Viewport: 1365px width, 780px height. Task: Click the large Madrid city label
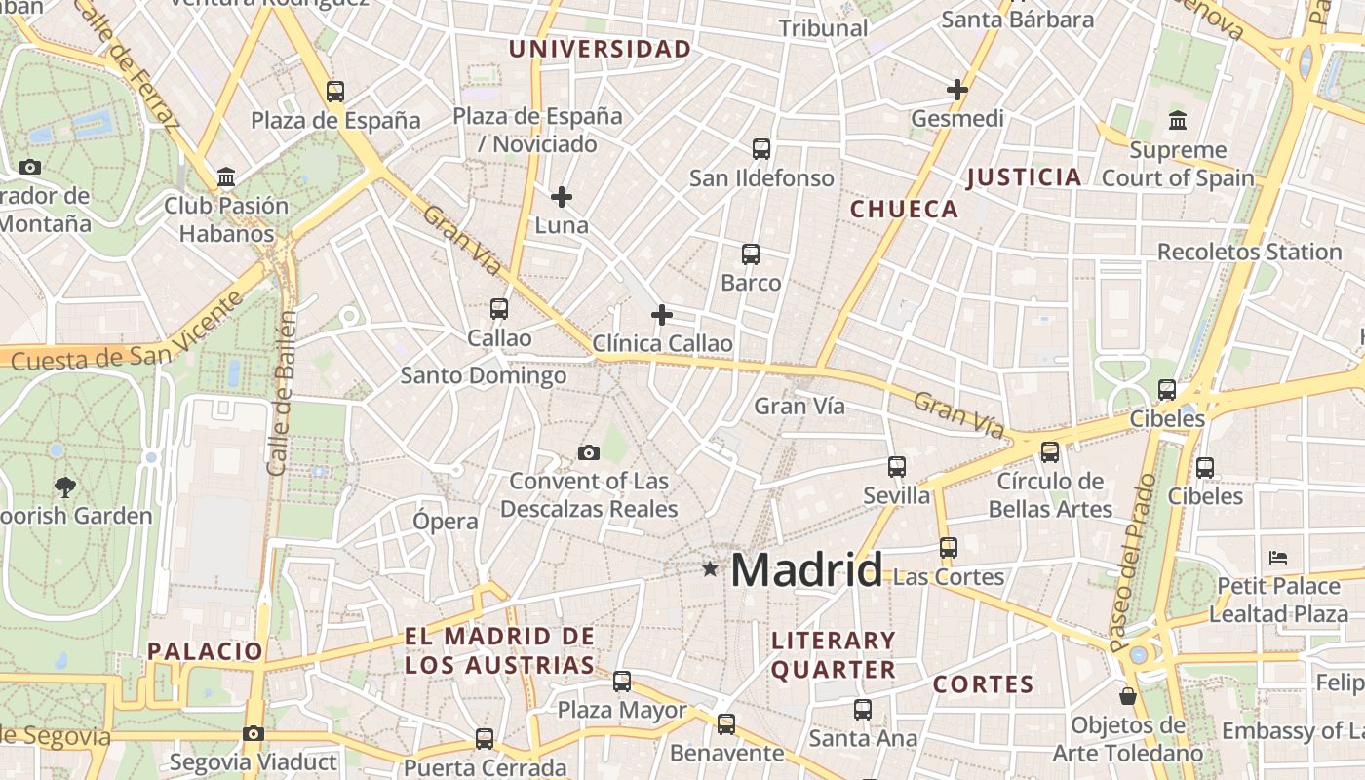pyautogui.click(x=806, y=569)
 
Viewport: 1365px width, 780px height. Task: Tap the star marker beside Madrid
pyautogui.click(x=711, y=568)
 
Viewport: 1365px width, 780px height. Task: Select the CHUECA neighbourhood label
pyautogui.click(x=904, y=209)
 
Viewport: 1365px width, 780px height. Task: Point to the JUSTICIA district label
pyautogui.click(x=1024, y=177)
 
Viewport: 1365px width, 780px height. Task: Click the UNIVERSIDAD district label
pyautogui.click(x=600, y=49)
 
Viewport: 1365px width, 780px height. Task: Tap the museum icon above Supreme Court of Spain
pyautogui.click(x=1178, y=121)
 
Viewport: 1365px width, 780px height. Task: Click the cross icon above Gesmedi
pyautogui.click(x=957, y=90)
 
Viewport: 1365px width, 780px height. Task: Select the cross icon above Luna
pyautogui.click(x=562, y=197)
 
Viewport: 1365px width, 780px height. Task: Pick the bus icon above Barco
pyautogui.click(x=751, y=254)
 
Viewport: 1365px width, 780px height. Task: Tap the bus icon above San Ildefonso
pyautogui.click(x=761, y=149)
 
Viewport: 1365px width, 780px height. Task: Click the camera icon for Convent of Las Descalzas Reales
pyautogui.click(x=588, y=452)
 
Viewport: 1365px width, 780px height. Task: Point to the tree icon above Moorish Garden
pyautogui.click(x=65, y=487)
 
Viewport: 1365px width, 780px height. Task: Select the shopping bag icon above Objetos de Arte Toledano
pyautogui.click(x=1128, y=696)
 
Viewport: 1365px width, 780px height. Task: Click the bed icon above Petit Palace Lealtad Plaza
pyautogui.click(x=1279, y=558)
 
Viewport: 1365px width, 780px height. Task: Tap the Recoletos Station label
pyautogui.click(x=1249, y=252)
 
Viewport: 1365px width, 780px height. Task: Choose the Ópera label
pyautogui.click(x=446, y=521)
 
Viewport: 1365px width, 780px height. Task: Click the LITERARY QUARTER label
pyautogui.click(x=833, y=654)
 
